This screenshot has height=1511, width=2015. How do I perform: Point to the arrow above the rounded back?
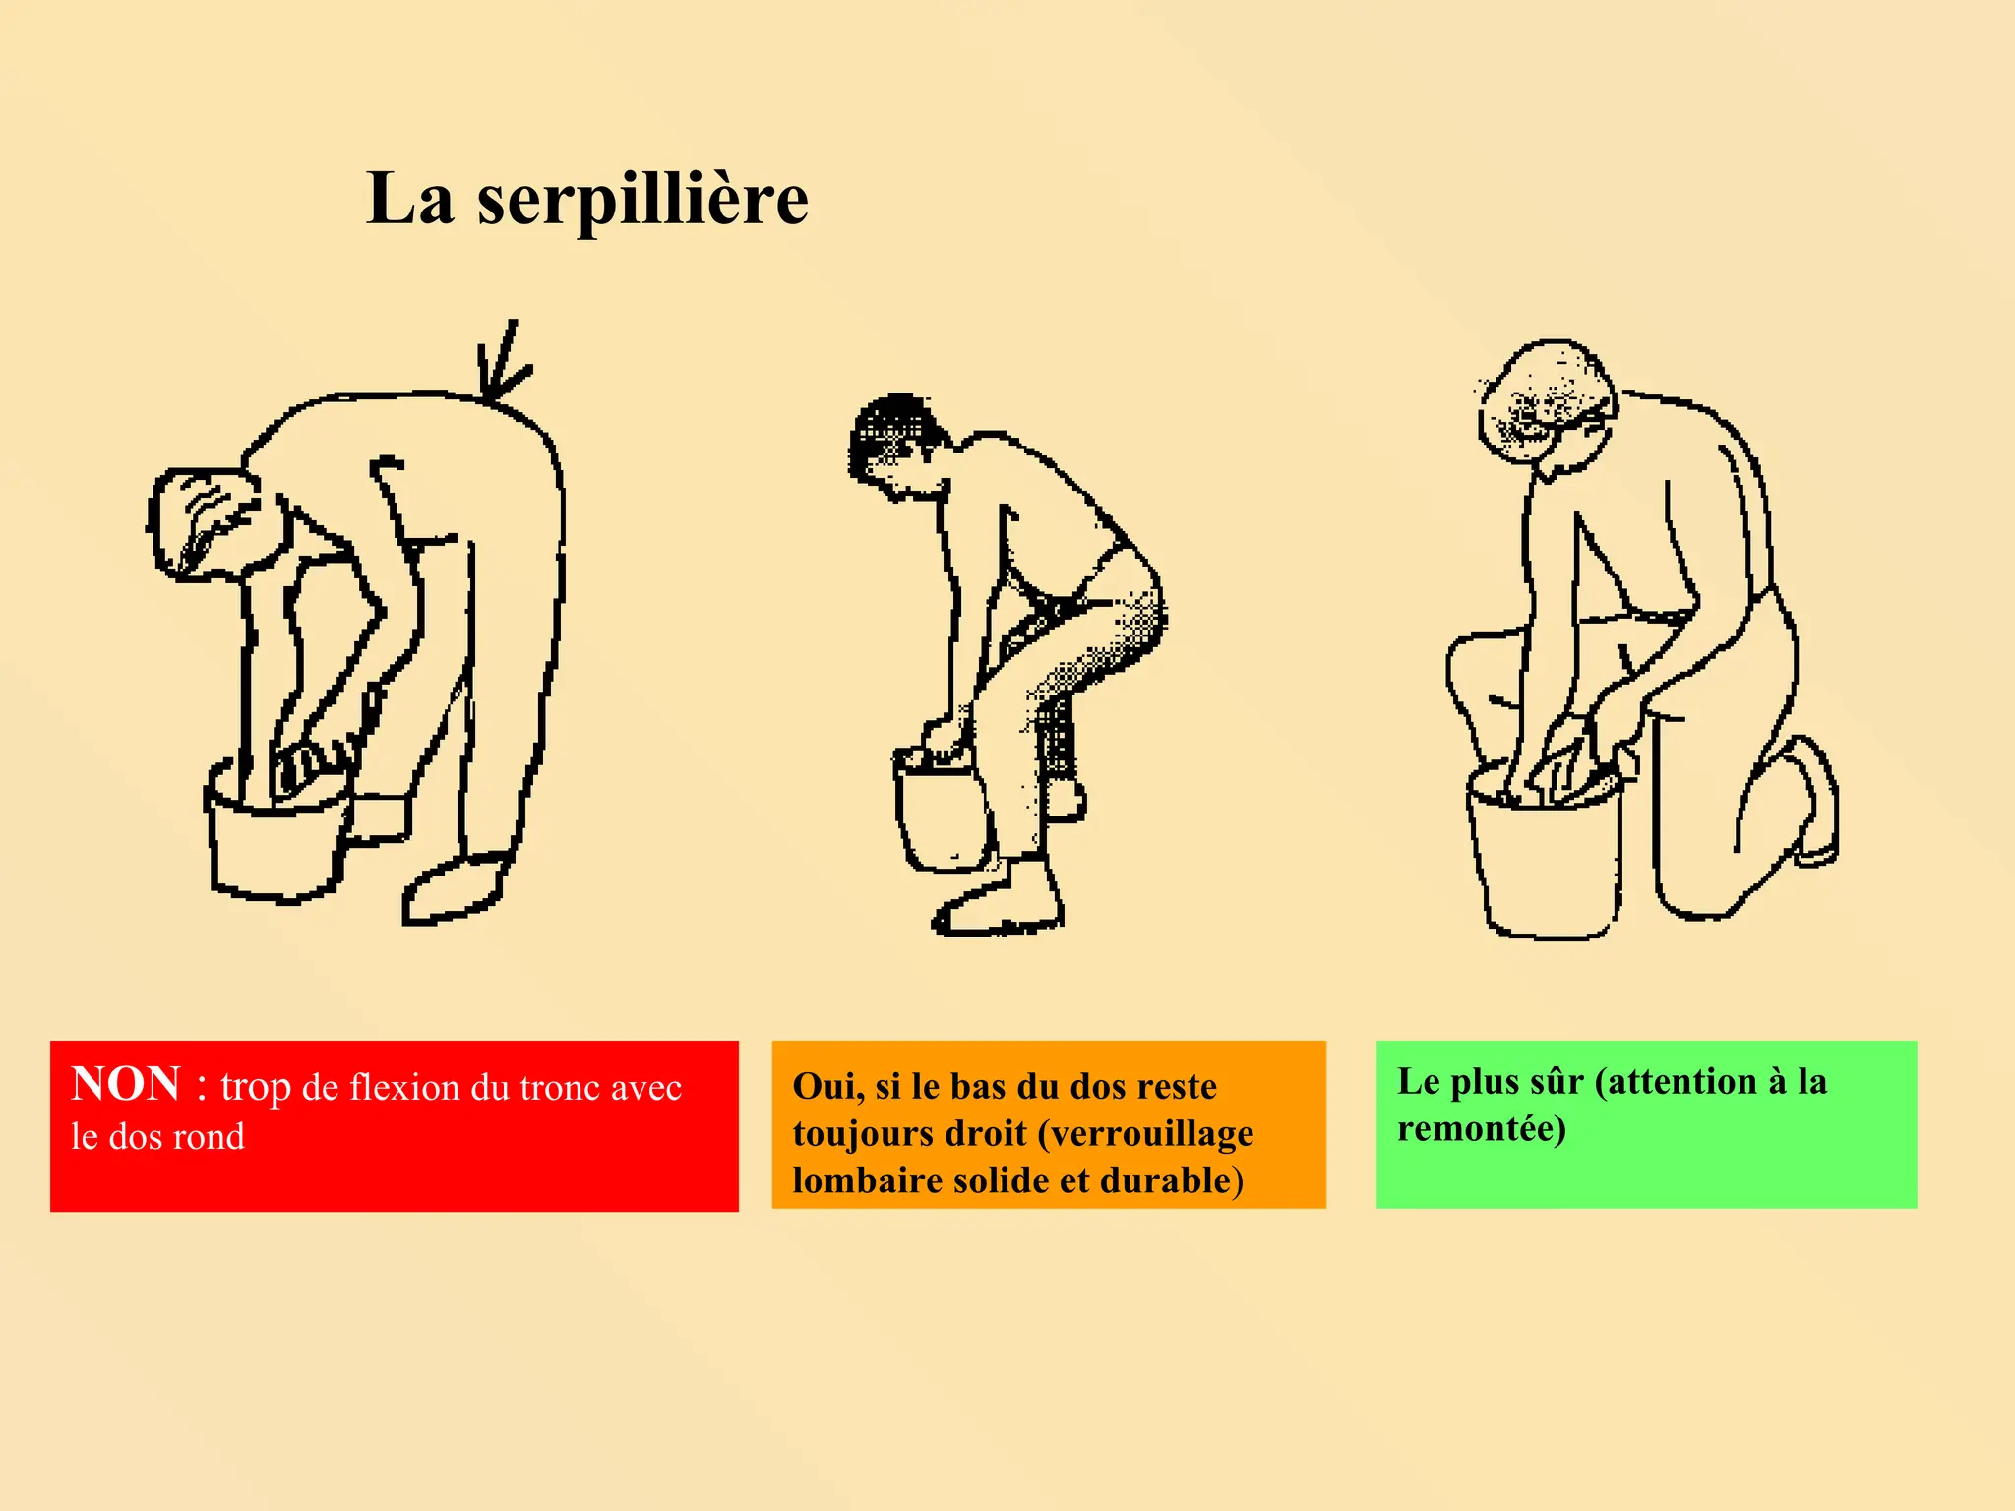click(x=504, y=360)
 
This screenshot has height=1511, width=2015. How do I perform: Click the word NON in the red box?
click(x=126, y=1084)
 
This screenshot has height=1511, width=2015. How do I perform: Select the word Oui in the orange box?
click(x=828, y=1086)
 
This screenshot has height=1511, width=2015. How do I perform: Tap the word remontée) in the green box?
click(x=1482, y=1128)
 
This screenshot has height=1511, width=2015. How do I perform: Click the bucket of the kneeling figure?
click(x=1545, y=851)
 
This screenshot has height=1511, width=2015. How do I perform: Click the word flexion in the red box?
click(x=405, y=1087)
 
